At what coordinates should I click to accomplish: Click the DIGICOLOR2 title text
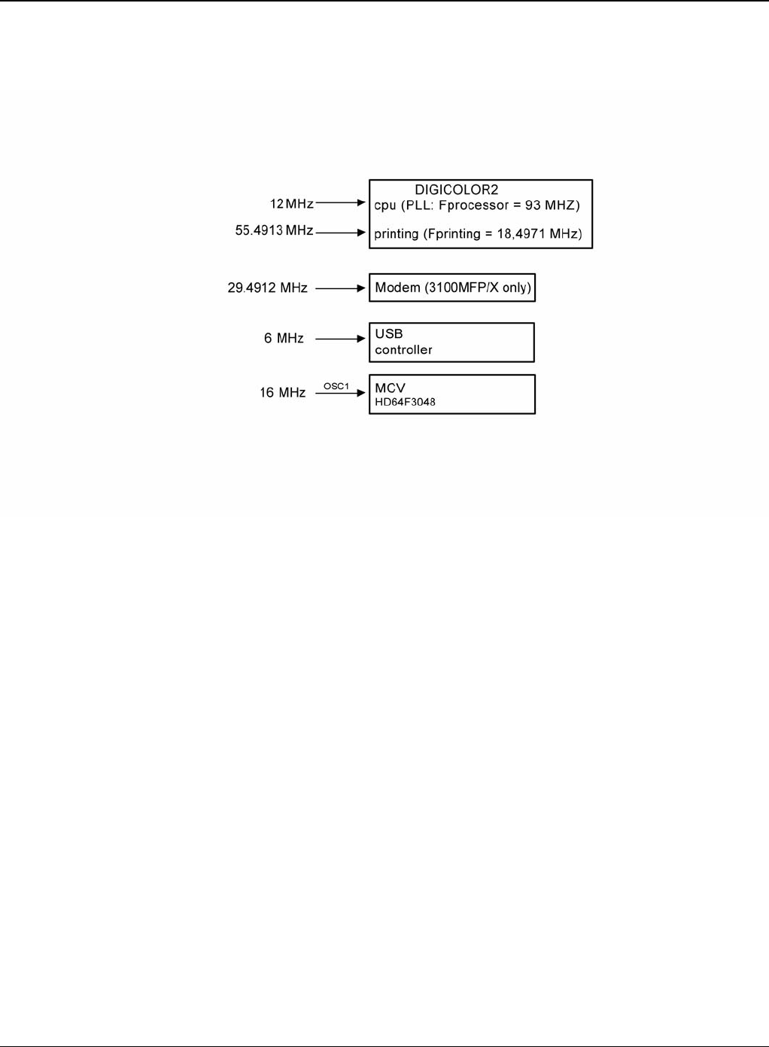tap(456, 190)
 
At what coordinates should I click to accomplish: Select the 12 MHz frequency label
tap(292, 204)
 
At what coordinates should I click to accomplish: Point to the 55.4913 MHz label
tap(274, 230)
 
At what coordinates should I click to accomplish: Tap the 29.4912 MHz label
tap(267, 288)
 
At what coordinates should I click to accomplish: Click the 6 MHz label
tap(284, 339)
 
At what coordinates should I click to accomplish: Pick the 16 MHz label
tap(282, 393)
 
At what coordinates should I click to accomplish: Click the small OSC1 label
tap(336, 386)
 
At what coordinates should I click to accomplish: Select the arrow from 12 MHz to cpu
tap(341, 203)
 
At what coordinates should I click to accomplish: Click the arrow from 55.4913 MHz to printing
tap(341, 233)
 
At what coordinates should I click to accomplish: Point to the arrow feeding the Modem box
tap(341, 288)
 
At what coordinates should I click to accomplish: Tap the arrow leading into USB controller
tap(341, 339)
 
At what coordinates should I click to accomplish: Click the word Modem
tap(397, 288)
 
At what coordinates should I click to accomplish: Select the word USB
tap(389, 333)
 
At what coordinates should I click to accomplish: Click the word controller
tap(403, 350)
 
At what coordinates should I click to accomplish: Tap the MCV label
tap(390, 388)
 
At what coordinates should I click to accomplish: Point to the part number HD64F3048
tap(405, 402)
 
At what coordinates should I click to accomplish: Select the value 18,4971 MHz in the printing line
tap(537, 234)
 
